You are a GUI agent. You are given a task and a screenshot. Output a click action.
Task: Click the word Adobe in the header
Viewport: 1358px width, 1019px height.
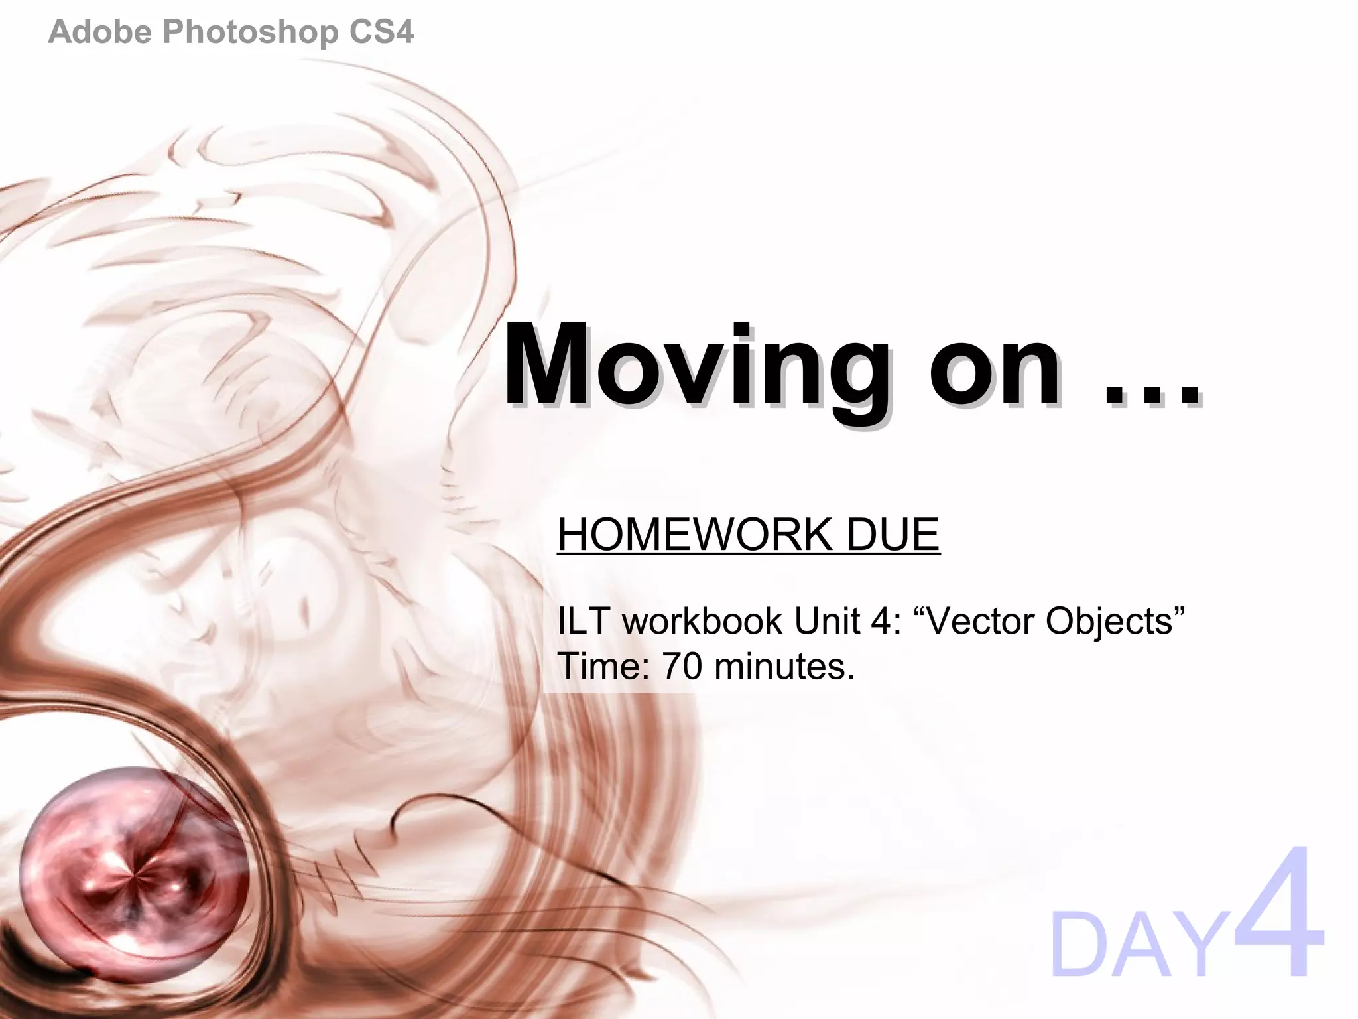coord(100,32)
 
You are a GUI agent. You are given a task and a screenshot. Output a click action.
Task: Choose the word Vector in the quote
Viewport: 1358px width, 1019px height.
coord(979,621)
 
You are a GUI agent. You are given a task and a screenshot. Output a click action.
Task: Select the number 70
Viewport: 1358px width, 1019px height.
coord(682,666)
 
